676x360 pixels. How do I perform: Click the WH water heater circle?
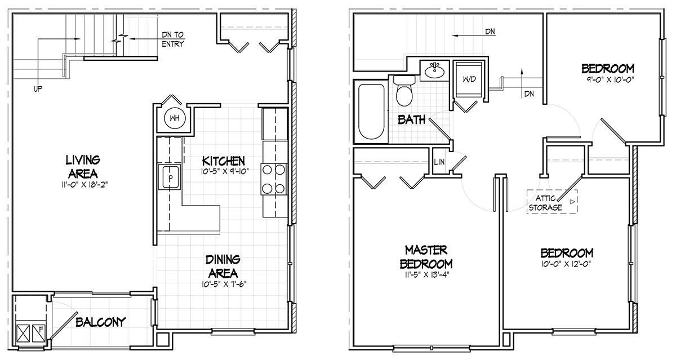(x=175, y=118)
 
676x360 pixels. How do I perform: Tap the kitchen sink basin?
(x=171, y=177)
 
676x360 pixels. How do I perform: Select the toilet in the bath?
(x=404, y=90)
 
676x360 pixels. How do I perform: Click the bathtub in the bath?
(x=371, y=112)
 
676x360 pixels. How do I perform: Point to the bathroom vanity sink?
(x=434, y=71)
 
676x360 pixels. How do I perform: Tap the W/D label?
(x=469, y=79)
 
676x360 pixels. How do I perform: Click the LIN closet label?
(x=439, y=162)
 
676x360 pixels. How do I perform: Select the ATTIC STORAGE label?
(x=546, y=203)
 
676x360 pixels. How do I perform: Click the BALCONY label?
(x=100, y=322)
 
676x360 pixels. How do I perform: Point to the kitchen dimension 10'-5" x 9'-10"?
(x=225, y=172)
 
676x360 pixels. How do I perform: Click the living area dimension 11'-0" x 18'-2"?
(x=84, y=185)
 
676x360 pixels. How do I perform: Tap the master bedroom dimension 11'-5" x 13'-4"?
(x=426, y=275)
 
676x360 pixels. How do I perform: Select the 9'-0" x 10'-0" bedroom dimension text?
(x=607, y=79)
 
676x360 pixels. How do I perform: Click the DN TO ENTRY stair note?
(x=173, y=39)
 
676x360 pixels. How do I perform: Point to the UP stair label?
(x=38, y=89)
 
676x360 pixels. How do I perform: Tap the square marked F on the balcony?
(x=39, y=333)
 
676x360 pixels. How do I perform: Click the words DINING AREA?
(x=223, y=266)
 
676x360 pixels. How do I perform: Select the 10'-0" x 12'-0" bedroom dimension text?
(x=566, y=264)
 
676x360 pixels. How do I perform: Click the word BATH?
(x=411, y=120)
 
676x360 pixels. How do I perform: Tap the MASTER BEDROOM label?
(x=426, y=257)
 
